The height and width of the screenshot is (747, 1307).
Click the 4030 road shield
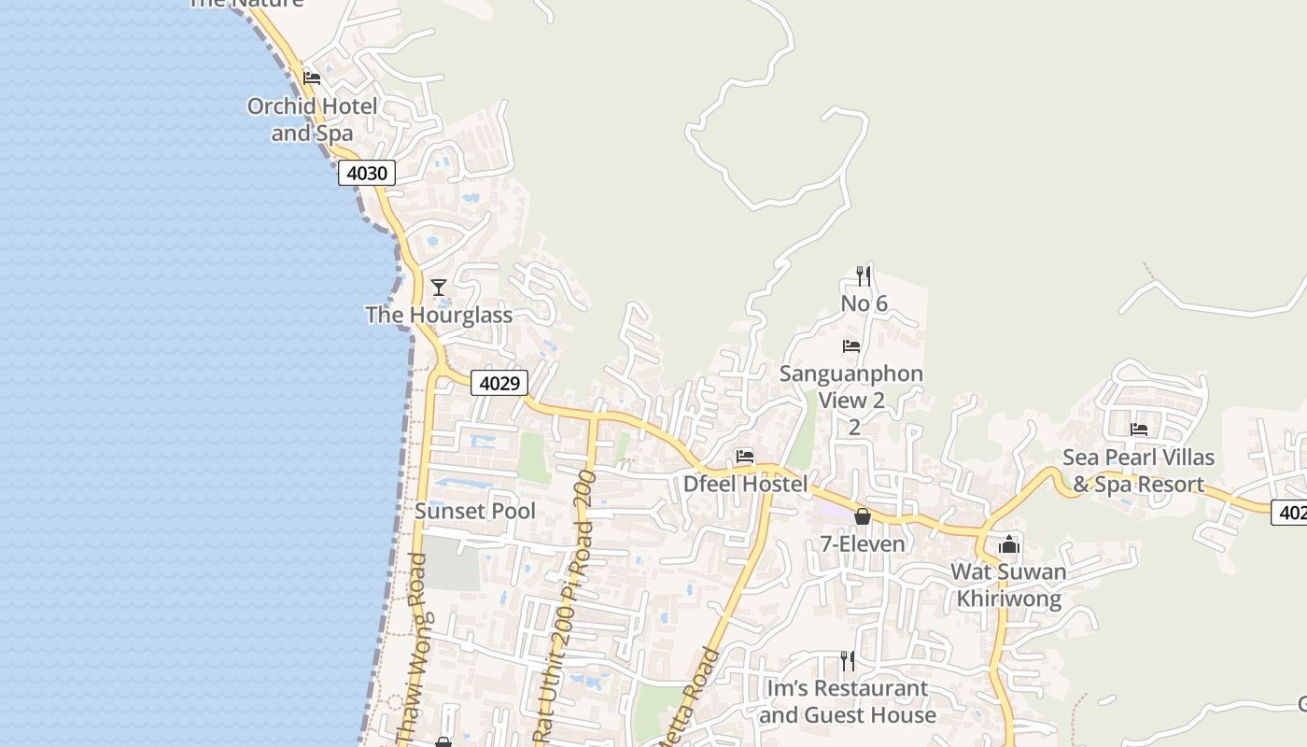pyautogui.click(x=366, y=173)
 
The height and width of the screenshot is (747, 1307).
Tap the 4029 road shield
pyautogui.click(x=499, y=383)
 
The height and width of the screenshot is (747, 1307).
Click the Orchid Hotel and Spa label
pyautogui.click(x=312, y=120)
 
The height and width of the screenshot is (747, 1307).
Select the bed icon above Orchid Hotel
pyautogui.click(x=312, y=78)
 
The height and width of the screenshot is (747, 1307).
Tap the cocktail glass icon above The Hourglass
pyautogui.click(x=439, y=287)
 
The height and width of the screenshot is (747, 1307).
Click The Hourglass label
pyautogui.click(x=439, y=315)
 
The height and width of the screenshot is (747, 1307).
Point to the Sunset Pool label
pyautogui.click(x=475, y=511)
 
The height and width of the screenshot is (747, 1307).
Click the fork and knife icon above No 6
pyautogui.click(x=864, y=275)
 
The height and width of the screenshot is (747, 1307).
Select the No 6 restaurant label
pyautogui.click(x=864, y=303)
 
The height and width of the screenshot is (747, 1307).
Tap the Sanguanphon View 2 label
pyautogui.click(x=851, y=388)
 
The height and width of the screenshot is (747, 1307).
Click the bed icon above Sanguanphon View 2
pyautogui.click(x=851, y=346)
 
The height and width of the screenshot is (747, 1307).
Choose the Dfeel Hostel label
pyautogui.click(x=745, y=484)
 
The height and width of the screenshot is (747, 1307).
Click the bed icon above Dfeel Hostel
pyautogui.click(x=745, y=457)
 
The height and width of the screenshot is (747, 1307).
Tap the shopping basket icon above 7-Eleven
pyautogui.click(x=863, y=516)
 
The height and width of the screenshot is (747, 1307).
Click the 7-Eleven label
pyautogui.click(x=863, y=543)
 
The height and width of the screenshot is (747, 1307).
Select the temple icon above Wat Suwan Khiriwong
pyautogui.click(x=1009, y=544)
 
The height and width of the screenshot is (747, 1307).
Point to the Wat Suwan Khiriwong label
pyautogui.click(x=1008, y=585)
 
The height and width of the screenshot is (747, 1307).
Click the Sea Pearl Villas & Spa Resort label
pyautogui.click(x=1138, y=471)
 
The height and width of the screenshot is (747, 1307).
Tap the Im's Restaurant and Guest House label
pyautogui.click(x=847, y=701)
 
